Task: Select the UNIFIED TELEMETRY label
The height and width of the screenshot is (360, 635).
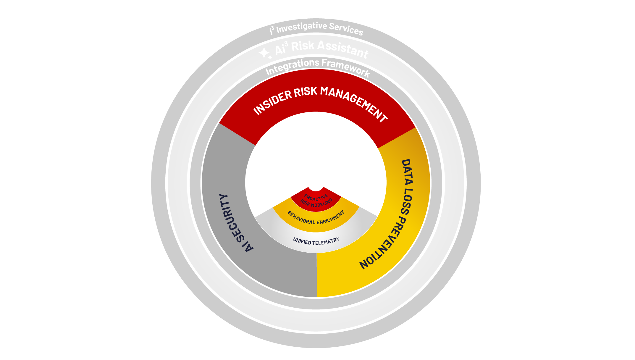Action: click(x=316, y=241)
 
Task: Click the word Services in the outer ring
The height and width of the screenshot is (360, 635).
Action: click(x=346, y=29)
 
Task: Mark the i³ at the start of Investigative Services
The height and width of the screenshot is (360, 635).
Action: click(x=272, y=30)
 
